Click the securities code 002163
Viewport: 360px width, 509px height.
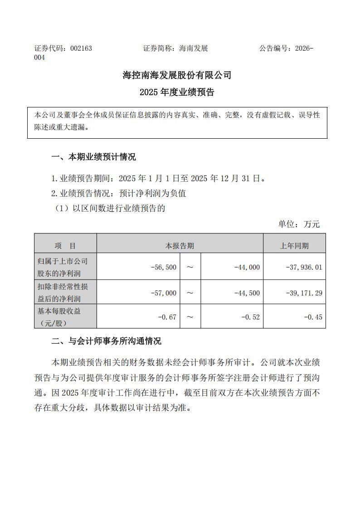tap(81, 48)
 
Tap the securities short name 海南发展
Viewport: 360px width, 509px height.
tap(193, 48)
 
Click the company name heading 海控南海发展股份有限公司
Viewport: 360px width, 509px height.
tap(177, 75)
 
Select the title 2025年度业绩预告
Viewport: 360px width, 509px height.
tap(177, 92)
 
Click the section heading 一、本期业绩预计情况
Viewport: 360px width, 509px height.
tap(93, 157)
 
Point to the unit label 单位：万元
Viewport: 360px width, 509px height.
tap(299, 224)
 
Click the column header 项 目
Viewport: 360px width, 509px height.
tap(65, 246)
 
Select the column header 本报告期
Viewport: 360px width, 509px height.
tap(180, 246)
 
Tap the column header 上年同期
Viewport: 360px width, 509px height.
tap(294, 246)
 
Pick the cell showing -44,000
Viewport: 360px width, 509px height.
tap(247, 267)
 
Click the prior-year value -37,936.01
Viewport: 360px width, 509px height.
tap(304, 267)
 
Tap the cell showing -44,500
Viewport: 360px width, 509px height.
tap(247, 293)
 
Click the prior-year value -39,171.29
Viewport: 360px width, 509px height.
tap(304, 293)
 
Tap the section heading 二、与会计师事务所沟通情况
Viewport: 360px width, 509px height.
tap(106, 341)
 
